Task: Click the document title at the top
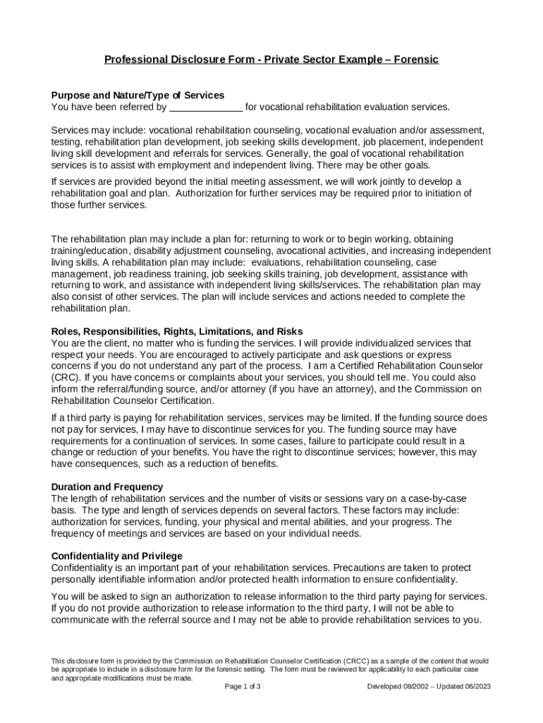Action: pyautogui.click(x=271, y=59)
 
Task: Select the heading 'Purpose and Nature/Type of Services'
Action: pyautogui.click(x=138, y=95)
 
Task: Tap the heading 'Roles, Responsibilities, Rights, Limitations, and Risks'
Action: pyautogui.click(x=177, y=331)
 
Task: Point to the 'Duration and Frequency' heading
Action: pyautogui.click(x=107, y=486)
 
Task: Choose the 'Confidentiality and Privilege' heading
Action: pyautogui.click(x=117, y=556)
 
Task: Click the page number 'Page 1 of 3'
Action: pyautogui.click(x=243, y=686)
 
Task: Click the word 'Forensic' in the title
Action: pyautogui.click(x=417, y=59)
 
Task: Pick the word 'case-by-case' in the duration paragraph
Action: pyautogui.click(x=438, y=498)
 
